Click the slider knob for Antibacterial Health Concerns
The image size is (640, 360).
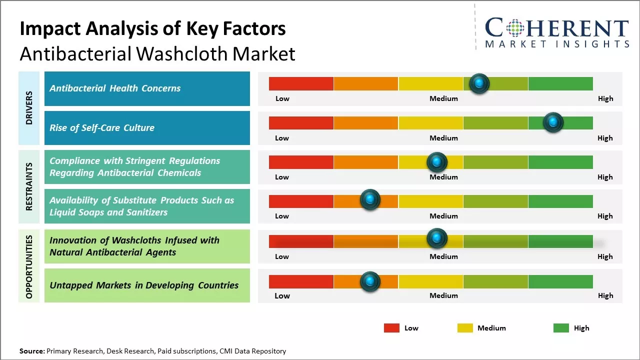pyautogui.click(x=479, y=83)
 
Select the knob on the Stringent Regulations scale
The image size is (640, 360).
pyautogui.click(x=437, y=162)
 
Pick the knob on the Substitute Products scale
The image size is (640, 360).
pyautogui.click(x=370, y=200)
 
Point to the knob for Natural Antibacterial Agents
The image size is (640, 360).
pyautogui.click(x=437, y=238)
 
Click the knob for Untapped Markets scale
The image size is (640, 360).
pyautogui.click(x=370, y=281)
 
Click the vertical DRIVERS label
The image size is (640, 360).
pyautogui.click(x=29, y=108)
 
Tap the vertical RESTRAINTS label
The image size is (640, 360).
pyautogui.click(x=29, y=186)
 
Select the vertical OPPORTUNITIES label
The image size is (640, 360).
pyautogui.click(x=29, y=266)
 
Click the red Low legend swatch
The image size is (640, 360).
pyautogui.click(x=391, y=328)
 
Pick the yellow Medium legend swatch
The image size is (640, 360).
pyautogui.click(x=465, y=328)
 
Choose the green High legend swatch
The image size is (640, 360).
pyautogui.click(x=561, y=328)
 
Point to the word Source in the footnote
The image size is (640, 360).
pyautogui.click(x=31, y=351)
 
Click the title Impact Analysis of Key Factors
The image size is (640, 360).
pyautogui.click(x=152, y=29)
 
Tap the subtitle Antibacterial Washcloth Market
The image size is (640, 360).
pyautogui.click(x=157, y=53)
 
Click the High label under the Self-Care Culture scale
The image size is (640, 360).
pyautogui.click(x=605, y=138)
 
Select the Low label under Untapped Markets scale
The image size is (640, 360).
pyautogui.click(x=282, y=295)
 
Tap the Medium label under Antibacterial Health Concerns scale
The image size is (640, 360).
pyautogui.click(x=443, y=98)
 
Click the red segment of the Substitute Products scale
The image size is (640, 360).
pyautogui.click(x=301, y=201)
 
